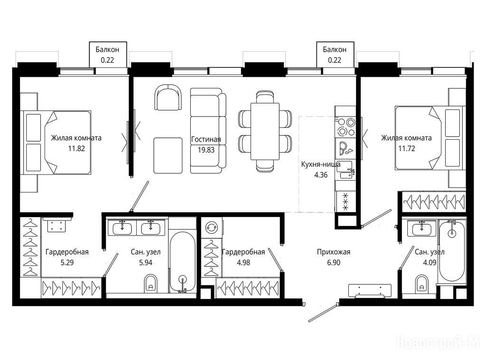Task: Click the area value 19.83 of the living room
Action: click(206, 150)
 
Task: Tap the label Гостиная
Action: click(206, 139)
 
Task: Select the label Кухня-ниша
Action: click(321, 164)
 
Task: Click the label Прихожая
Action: click(334, 252)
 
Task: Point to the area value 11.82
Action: click(76, 148)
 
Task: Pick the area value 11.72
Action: click(407, 148)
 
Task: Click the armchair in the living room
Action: click(168, 98)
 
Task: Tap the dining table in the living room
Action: click(265, 132)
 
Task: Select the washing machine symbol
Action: click(211, 227)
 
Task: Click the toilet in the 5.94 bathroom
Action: click(151, 283)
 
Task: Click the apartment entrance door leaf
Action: click(323, 313)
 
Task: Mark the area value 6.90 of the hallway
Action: click(334, 263)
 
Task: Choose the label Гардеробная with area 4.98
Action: click(243, 252)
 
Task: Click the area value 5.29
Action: click(67, 263)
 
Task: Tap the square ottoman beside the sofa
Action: click(168, 155)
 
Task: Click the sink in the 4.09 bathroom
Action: click(421, 229)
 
